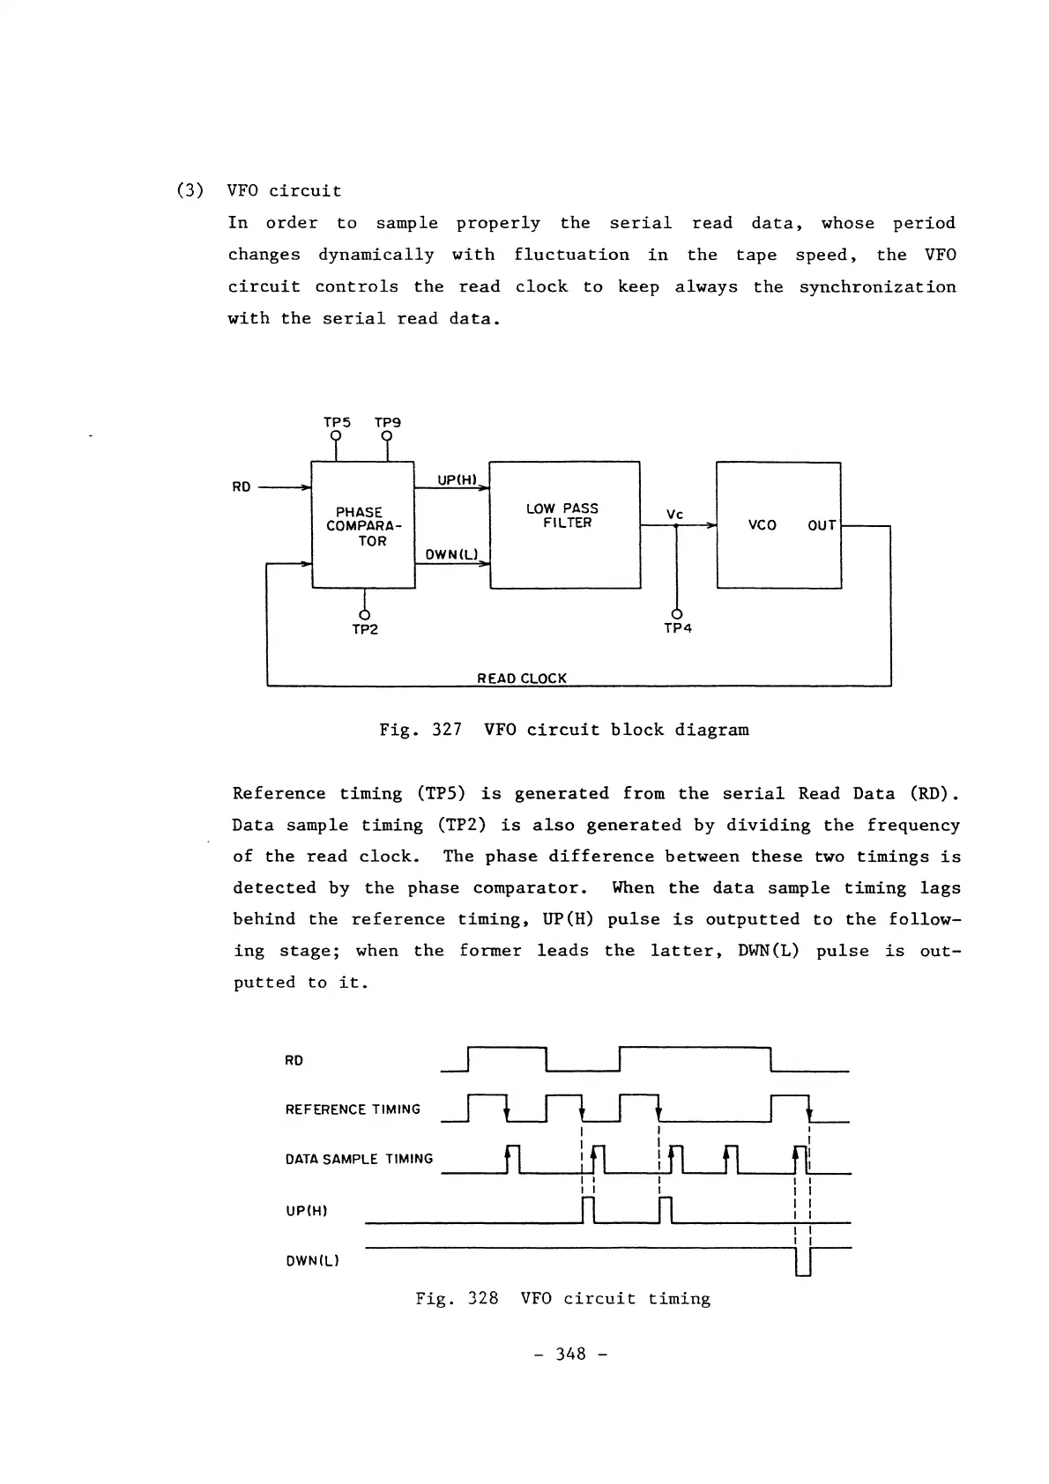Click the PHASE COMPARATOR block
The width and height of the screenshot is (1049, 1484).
click(363, 526)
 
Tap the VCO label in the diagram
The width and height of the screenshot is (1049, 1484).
click(762, 526)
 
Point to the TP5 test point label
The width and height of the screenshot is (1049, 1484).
click(337, 423)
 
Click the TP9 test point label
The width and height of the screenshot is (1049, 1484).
click(387, 423)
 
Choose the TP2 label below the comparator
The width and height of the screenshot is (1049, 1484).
click(364, 629)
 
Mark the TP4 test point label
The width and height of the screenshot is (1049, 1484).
click(677, 629)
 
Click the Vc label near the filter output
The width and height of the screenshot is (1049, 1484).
click(674, 514)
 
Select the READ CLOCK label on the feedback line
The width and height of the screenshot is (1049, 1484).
click(522, 679)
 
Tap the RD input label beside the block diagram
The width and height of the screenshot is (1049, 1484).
click(242, 486)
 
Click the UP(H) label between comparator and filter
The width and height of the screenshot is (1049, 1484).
click(457, 480)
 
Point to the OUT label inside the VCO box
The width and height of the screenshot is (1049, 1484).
click(822, 526)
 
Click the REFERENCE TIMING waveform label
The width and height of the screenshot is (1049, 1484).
click(353, 1109)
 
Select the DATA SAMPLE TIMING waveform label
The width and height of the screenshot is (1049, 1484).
click(359, 1160)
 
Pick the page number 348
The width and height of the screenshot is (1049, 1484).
click(570, 1354)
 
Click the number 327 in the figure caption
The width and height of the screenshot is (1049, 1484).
click(447, 730)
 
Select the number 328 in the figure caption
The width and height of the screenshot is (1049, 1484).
click(483, 1298)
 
